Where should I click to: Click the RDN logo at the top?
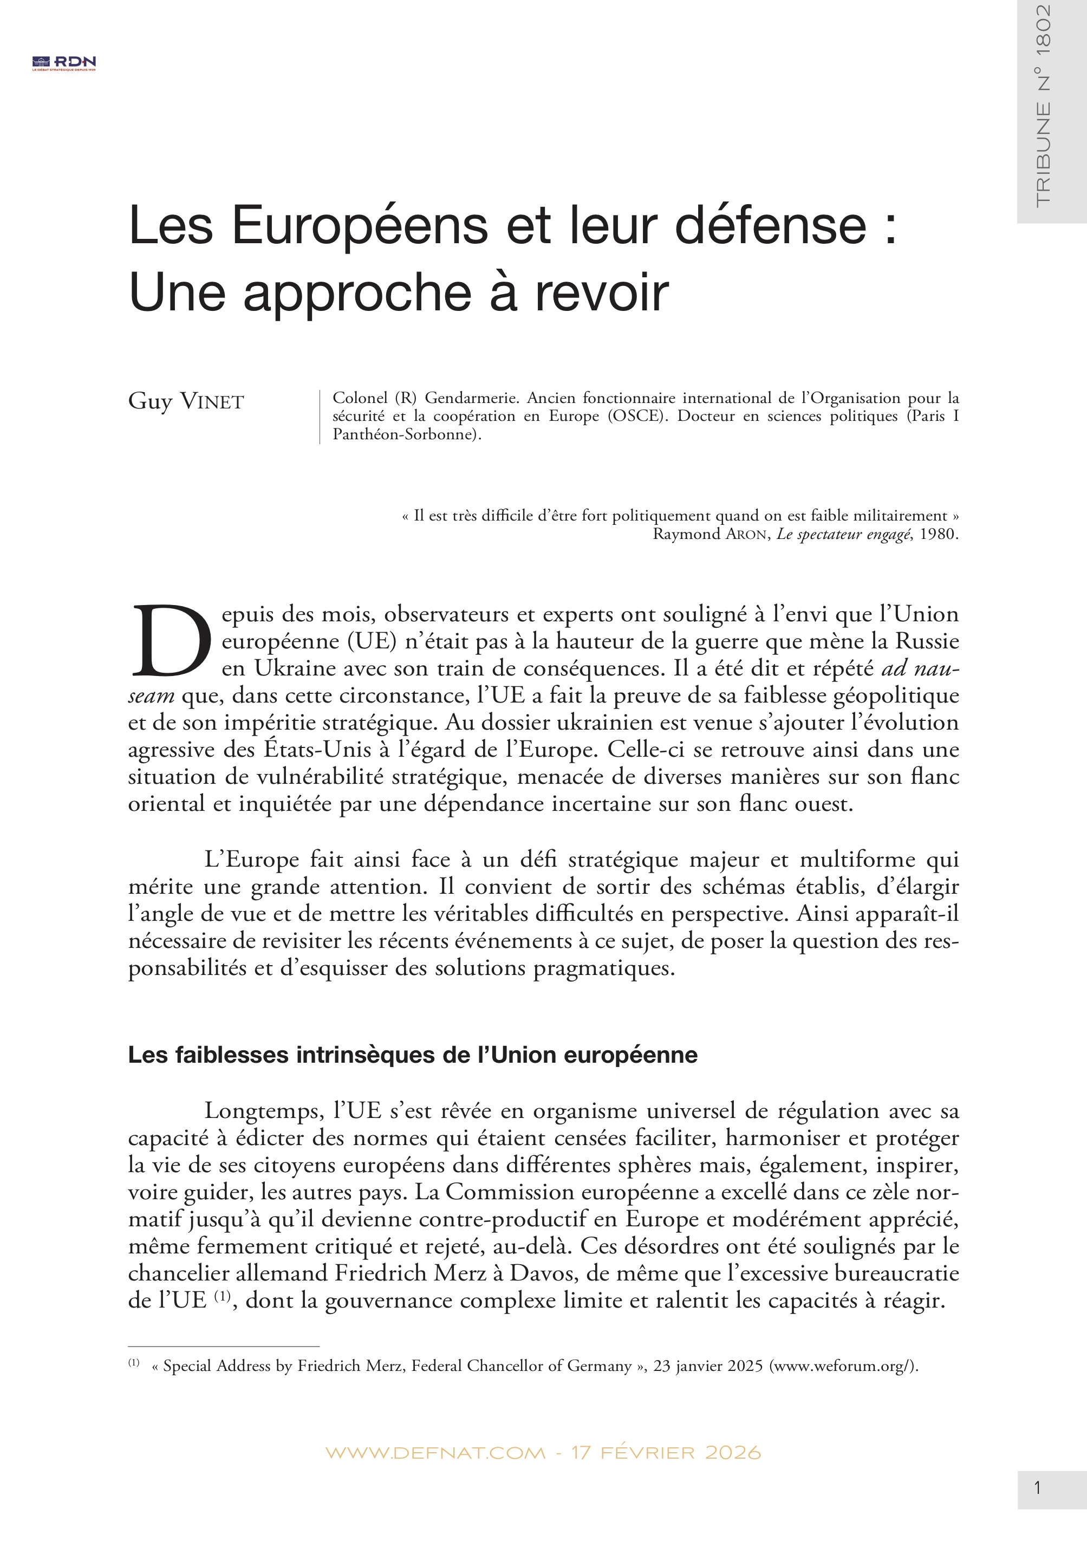point(64,63)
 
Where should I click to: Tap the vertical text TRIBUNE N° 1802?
point(1043,106)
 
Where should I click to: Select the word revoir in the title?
point(601,294)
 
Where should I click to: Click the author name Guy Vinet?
point(186,401)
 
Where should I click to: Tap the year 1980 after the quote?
point(939,534)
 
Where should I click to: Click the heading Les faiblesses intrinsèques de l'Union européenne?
point(413,1055)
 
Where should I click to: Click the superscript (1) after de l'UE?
point(223,1297)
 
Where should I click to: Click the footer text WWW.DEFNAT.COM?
point(435,1453)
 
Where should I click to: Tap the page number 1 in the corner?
point(1037,1488)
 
